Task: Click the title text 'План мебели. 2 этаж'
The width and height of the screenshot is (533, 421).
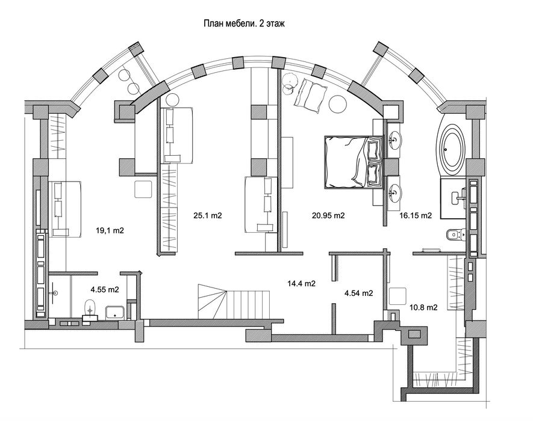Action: tap(244, 24)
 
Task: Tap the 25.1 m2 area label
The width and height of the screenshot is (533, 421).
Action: tap(208, 215)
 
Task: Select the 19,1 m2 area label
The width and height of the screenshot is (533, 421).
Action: tap(110, 230)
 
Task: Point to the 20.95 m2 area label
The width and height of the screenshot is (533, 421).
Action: tap(328, 215)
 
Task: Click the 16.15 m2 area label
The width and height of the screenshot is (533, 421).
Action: tap(416, 215)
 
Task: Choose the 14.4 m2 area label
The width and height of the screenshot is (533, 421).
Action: tap(302, 283)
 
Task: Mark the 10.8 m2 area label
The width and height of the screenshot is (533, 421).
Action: tap(423, 307)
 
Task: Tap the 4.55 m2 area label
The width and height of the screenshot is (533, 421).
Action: tap(105, 290)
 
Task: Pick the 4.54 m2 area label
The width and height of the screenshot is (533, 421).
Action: tap(358, 293)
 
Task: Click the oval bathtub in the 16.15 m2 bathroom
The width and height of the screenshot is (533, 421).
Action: tap(451, 147)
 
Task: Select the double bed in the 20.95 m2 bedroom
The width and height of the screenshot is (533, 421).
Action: tap(354, 162)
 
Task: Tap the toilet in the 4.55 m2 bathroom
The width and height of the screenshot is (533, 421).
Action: tap(90, 309)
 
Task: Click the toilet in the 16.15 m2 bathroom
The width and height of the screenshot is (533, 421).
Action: tap(455, 235)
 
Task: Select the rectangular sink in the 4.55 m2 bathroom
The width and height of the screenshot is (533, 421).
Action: tap(115, 312)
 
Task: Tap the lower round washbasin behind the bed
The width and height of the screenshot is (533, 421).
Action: tap(394, 192)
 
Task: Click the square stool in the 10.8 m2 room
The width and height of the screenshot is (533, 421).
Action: tap(397, 296)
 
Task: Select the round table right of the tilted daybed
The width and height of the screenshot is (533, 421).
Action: tap(337, 104)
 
